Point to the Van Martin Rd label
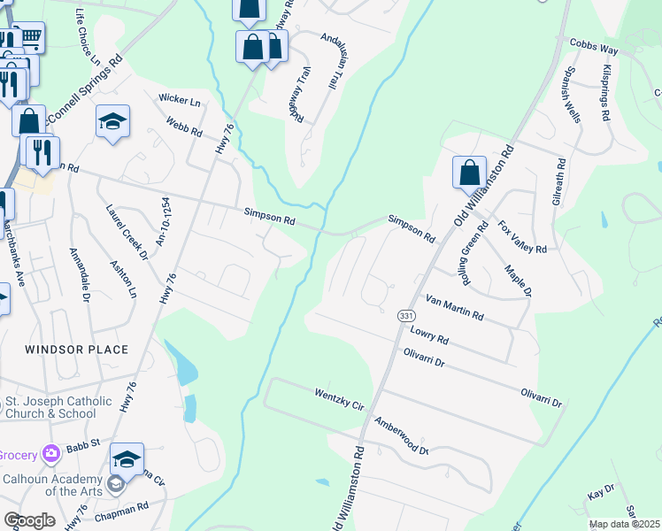[454, 307]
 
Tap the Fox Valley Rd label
[522, 236]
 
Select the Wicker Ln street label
[180, 102]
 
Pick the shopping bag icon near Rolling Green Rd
[469, 172]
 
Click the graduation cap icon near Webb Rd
[112, 122]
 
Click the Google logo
[29, 519]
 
